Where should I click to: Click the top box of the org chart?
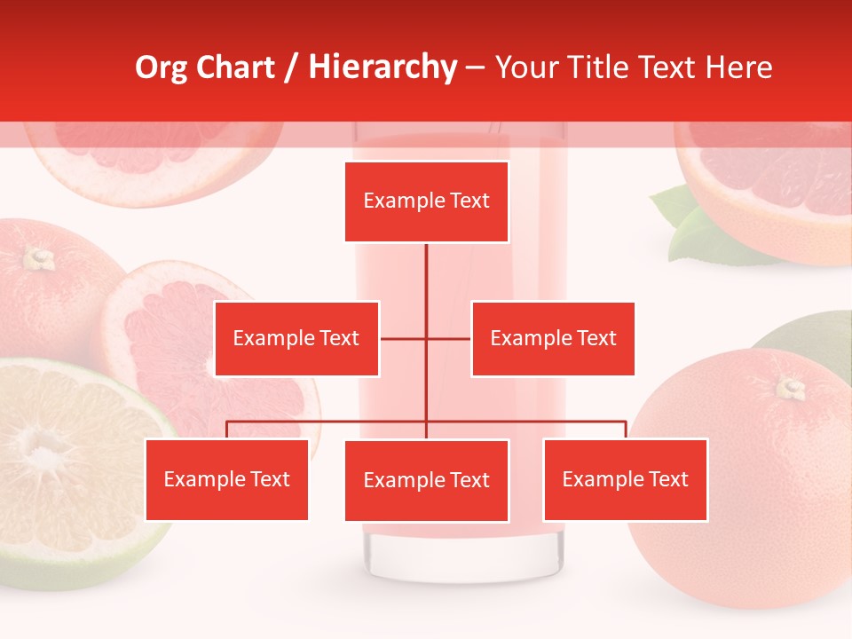[x=426, y=201]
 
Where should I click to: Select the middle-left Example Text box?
[x=296, y=338]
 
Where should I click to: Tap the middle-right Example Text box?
[x=553, y=338]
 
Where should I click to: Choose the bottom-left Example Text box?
[x=226, y=479]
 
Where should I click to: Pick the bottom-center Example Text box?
[x=426, y=480]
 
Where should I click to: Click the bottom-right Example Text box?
[x=625, y=479]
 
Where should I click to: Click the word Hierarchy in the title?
[x=383, y=67]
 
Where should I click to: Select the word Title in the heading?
[x=600, y=67]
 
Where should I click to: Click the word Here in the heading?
[x=738, y=67]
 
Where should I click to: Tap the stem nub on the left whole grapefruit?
[x=37, y=258]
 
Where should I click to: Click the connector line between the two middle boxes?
[x=426, y=338]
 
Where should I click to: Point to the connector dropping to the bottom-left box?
[x=226, y=430]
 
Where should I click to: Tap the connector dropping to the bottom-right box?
[x=626, y=430]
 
